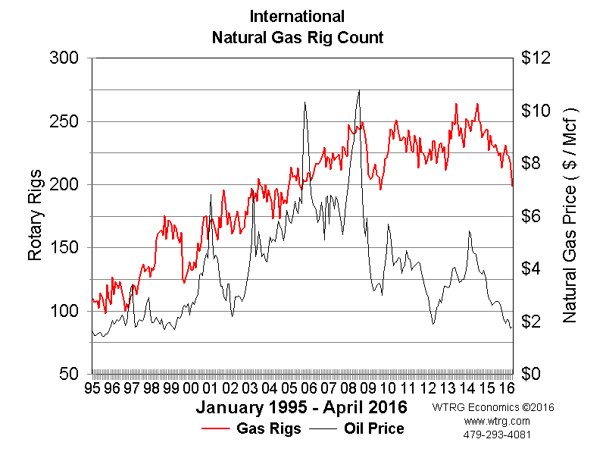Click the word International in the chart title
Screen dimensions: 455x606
[x=297, y=16]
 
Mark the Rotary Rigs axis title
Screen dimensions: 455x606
[x=35, y=216]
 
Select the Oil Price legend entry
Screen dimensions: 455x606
[x=374, y=428]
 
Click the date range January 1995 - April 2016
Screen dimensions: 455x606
[x=301, y=408]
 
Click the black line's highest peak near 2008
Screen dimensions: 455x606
[x=359, y=90]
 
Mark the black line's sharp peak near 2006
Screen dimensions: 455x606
[x=305, y=102]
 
